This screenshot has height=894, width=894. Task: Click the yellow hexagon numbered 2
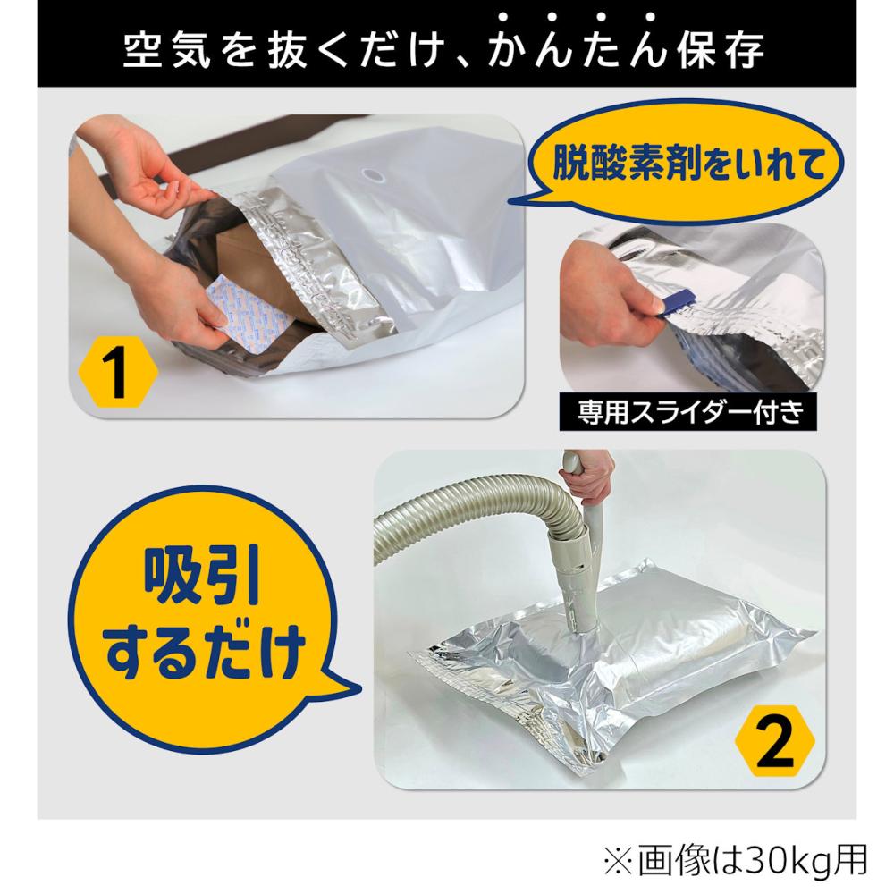coord(775,740)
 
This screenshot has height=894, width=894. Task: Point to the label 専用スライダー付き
coord(688,411)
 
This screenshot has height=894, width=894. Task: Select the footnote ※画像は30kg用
coord(736,860)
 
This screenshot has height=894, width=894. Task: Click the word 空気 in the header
coord(166,51)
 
